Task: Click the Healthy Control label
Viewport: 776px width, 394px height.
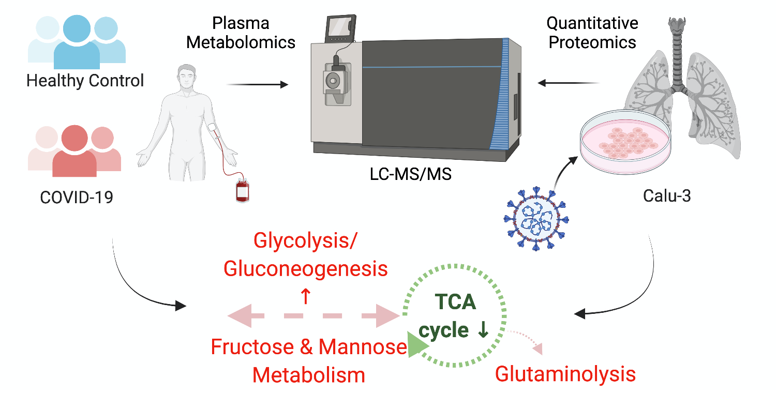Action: [85, 81]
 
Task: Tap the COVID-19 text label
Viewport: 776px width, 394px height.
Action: [76, 197]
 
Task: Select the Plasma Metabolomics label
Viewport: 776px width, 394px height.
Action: [241, 32]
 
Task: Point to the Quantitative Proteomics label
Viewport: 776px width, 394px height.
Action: [592, 32]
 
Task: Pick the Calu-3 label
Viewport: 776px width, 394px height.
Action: [667, 196]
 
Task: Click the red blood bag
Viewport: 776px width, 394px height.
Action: [243, 190]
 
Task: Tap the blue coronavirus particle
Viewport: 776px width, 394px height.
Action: [533, 217]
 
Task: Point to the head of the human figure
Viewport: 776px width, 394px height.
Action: [187, 74]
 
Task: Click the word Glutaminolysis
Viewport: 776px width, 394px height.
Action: [565, 374]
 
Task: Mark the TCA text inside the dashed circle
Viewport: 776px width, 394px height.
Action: [455, 301]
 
